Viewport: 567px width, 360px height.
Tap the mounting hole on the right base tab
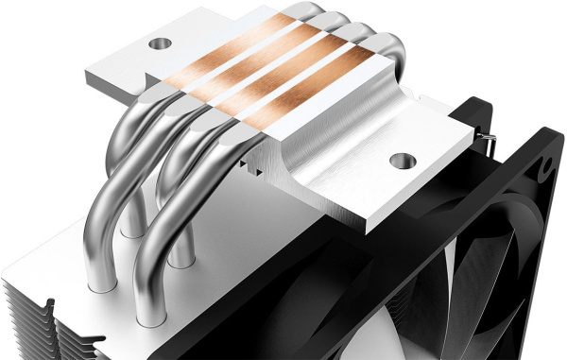click(x=404, y=162)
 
